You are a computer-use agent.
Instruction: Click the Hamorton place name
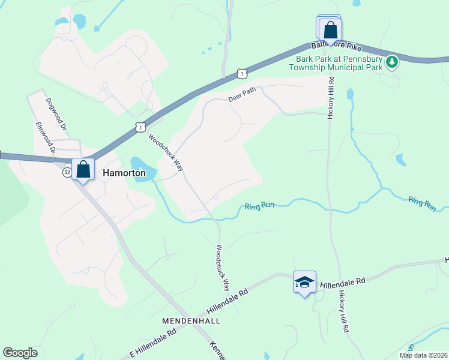124,173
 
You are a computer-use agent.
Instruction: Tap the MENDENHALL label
191,321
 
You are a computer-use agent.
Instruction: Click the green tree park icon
392,61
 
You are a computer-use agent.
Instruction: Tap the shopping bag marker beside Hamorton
83,170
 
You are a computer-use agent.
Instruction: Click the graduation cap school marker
304,282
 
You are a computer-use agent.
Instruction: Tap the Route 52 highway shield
67,173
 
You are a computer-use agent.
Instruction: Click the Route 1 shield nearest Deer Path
241,73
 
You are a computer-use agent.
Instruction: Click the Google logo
20,353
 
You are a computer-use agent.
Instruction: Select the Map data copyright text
423,355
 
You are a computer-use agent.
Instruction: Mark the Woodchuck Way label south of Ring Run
223,265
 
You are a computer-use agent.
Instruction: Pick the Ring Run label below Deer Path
259,206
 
